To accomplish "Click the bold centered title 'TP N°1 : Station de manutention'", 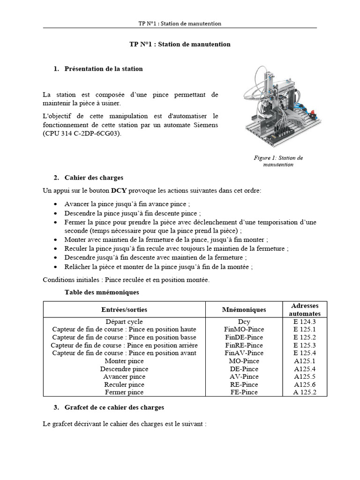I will (180, 44).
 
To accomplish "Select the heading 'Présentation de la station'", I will (103, 68).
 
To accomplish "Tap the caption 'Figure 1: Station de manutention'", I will (278, 161).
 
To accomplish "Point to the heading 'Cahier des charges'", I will (94, 178).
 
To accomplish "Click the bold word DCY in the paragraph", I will (119, 191).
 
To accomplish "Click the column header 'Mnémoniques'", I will (244, 309).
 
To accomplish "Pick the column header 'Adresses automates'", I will (305, 309).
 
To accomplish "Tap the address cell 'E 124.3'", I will (305, 322).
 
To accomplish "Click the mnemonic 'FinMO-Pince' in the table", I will (244, 330).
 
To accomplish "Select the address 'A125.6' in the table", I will (305, 384).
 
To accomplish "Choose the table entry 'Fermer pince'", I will (124, 392).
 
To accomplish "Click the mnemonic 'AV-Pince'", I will (244, 376).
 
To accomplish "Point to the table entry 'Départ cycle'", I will (124, 322).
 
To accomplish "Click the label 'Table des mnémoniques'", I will (102, 292).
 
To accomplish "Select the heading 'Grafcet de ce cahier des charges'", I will (114, 407).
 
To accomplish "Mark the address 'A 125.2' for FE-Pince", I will (305, 392).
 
